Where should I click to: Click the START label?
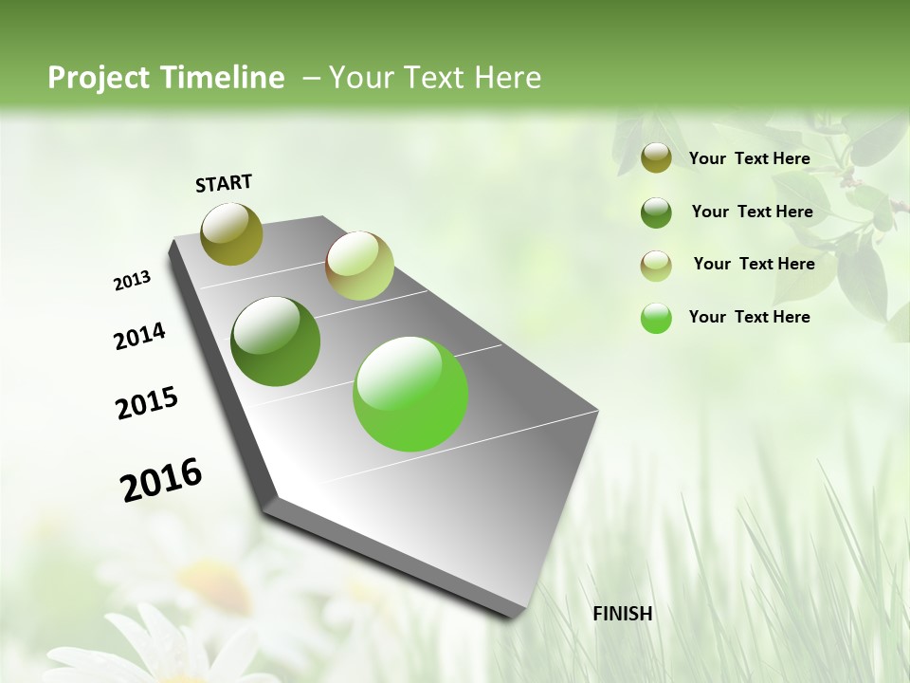tap(224, 183)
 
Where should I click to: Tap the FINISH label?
tap(622, 614)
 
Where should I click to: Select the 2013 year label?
tap(132, 281)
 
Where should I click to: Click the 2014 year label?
tap(139, 336)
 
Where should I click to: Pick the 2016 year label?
tap(161, 479)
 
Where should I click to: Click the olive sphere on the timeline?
tap(231, 233)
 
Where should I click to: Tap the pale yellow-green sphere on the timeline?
tap(359, 266)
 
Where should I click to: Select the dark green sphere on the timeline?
tap(276, 341)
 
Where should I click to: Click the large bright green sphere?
tap(410, 394)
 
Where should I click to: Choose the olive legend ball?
tap(656, 158)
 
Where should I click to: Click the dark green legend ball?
tap(656, 212)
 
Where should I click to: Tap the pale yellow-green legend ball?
tap(656, 266)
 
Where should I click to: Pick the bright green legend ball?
tap(656, 319)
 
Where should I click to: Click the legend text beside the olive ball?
tap(749, 158)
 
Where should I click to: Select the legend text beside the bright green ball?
tap(749, 317)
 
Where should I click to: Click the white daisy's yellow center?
tap(204, 573)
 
